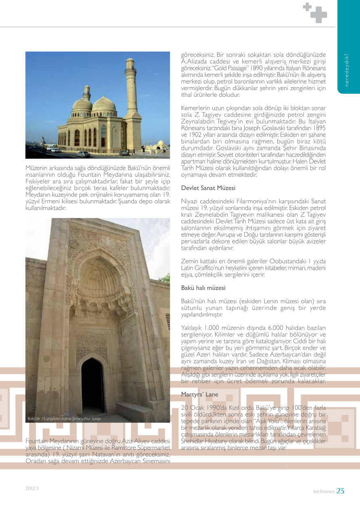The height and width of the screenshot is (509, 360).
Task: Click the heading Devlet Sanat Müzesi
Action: (x=208, y=189)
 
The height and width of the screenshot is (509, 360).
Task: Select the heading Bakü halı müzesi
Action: (x=203, y=288)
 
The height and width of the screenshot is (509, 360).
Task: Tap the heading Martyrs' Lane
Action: (x=200, y=394)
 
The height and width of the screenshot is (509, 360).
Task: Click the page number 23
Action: (x=340, y=491)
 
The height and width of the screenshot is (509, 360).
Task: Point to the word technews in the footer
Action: (x=324, y=492)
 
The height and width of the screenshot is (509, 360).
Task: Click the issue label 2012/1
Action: (x=32, y=488)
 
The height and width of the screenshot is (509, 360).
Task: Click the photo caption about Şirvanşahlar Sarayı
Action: (x=64, y=419)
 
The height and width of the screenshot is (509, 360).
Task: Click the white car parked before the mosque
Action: (x=83, y=154)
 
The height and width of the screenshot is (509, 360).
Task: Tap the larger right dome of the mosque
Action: (x=104, y=105)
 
